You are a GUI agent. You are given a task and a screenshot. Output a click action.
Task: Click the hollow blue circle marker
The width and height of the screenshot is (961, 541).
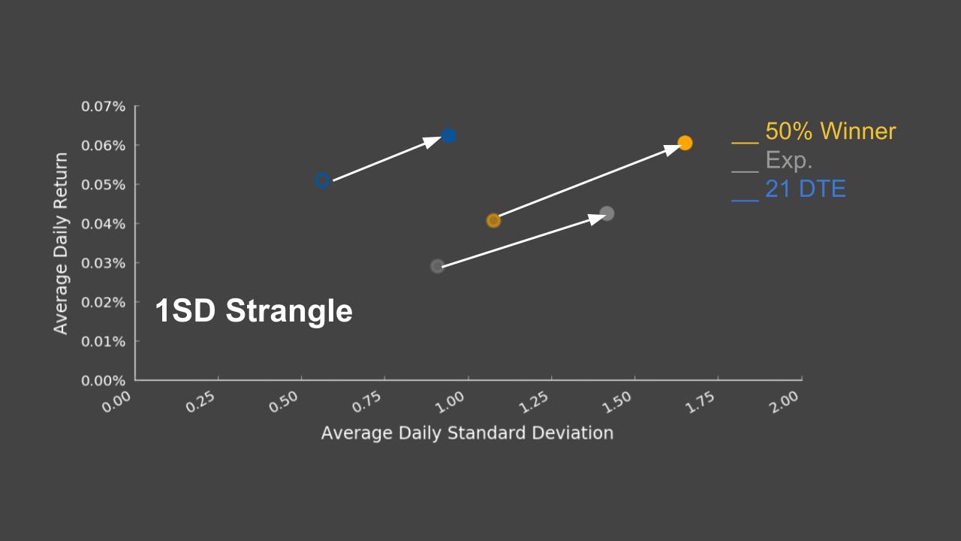(322, 180)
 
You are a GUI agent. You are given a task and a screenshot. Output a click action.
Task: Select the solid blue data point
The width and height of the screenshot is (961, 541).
(448, 136)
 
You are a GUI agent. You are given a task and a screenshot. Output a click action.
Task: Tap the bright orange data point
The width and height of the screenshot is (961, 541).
(685, 143)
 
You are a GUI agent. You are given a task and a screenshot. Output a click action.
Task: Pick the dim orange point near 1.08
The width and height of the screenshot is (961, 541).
(493, 221)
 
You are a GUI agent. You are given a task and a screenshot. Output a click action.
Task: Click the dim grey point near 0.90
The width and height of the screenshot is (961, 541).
(438, 266)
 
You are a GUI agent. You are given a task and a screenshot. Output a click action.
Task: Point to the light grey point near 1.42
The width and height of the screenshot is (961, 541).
(607, 213)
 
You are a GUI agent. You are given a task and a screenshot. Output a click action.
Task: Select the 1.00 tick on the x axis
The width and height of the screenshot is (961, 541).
(453, 400)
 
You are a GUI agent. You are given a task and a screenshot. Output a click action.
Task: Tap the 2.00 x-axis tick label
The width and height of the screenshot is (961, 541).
(785, 400)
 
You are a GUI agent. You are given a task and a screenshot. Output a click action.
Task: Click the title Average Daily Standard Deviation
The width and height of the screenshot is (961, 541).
(467, 434)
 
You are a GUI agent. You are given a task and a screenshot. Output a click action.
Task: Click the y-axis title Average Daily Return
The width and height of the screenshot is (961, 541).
(61, 243)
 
